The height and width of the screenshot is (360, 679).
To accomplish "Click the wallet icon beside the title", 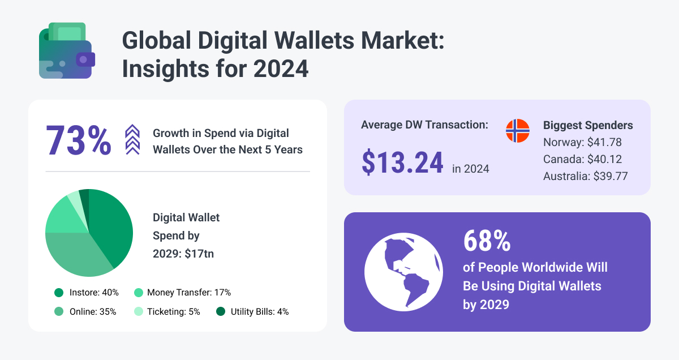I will pyautogui.click(x=66, y=52).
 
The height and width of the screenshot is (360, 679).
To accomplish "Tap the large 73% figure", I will pyautogui.click(x=78, y=140).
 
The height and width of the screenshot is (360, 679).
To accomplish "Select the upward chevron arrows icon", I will pyautogui.click(x=132, y=140).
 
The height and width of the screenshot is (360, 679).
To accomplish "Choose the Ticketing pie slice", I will pyautogui.click(x=74, y=200).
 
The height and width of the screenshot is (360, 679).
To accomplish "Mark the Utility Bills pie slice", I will pyautogui.click(x=84, y=196).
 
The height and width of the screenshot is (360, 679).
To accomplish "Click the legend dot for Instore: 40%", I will pyautogui.click(x=59, y=293).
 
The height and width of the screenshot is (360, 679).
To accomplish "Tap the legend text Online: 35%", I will pyautogui.click(x=93, y=311).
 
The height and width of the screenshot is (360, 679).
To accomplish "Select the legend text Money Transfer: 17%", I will pyautogui.click(x=188, y=293).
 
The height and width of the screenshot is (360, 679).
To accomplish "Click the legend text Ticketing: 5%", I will pyautogui.click(x=173, y=311).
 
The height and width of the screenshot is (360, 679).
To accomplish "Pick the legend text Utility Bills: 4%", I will pyautogui.click(x=260, y=311).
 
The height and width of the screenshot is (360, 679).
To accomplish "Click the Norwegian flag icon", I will pyautogui.click(x=517, y=131).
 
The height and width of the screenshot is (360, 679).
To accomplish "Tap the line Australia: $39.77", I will pyautogui.click(x=585, y=176).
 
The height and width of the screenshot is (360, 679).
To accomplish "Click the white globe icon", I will pyautogui.click(x=403, y=272).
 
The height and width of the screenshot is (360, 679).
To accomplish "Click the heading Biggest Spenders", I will pyautogui.click(x=588, y=125).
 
